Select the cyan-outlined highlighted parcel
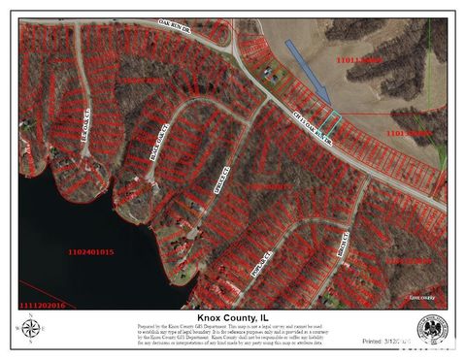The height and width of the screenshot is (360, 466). tap(332, 123)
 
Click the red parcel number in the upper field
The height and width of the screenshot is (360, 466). tap(358, 60)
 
